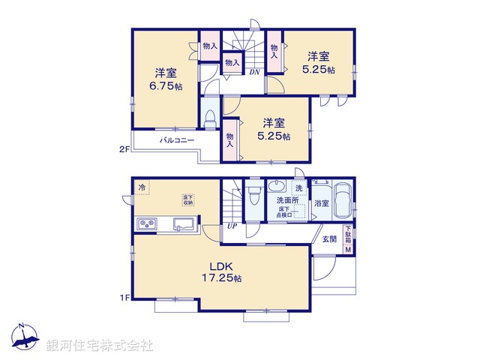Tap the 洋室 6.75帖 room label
[166, 79]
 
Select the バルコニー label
[177, 140]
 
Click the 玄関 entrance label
[329, 239]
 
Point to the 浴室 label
[321, 202]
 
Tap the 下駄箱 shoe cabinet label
[347, 234]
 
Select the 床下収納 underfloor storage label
[187, 199]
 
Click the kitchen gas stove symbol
[145, 224]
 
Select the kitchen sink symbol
[184, 223]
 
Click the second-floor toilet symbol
[211, 118]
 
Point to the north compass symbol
[25, 338]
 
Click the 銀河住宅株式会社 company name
[100, 346]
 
